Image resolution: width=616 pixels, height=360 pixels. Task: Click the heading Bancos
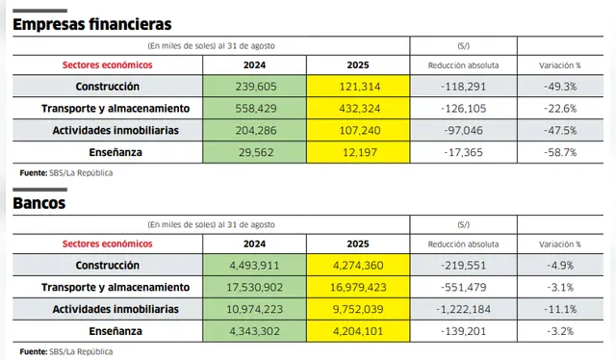click(x=39, y=205)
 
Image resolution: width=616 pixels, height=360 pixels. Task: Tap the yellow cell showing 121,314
click(x=358, y=86)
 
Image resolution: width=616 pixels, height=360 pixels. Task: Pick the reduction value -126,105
click(x=463, y=108)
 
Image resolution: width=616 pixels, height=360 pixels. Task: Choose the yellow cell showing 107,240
click(x=358, y=130)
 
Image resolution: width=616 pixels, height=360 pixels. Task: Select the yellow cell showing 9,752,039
click(x=358, y=309)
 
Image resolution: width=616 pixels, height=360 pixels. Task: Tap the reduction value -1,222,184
click(x=463, y=309)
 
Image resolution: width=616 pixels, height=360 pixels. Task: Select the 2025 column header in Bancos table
click(x=358, y=244)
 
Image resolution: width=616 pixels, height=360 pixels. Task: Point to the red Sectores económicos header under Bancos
click(x=107, y=244)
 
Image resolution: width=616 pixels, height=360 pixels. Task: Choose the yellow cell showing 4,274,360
click(x=358, y=265)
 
